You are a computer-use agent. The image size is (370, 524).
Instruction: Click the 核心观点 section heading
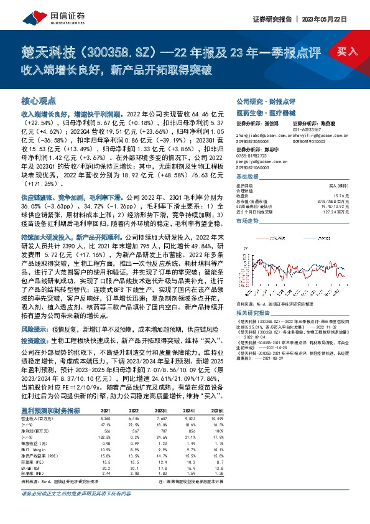(39, 100)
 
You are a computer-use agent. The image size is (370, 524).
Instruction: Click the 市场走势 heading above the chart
(249, 221)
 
